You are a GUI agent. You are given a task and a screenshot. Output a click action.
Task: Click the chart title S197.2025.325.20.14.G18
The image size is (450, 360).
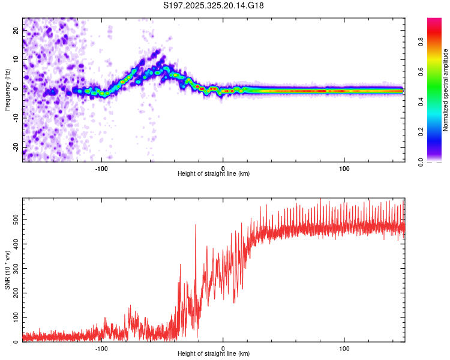coord(214,5)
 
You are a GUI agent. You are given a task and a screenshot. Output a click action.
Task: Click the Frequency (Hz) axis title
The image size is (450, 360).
coord(7,90)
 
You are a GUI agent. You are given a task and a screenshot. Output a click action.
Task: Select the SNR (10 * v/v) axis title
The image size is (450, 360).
coord(7,270)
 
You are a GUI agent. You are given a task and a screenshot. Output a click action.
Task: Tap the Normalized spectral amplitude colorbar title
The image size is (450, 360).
coord(445,90)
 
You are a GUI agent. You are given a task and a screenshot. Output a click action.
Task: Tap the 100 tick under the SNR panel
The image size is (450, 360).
coord(344,348)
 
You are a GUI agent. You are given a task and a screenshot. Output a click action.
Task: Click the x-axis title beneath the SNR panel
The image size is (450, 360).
coord(214,355)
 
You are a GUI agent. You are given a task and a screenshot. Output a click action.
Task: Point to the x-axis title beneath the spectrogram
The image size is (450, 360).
coord(214,174)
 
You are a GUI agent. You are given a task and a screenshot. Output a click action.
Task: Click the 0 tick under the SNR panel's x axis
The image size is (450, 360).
coord(223,348)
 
